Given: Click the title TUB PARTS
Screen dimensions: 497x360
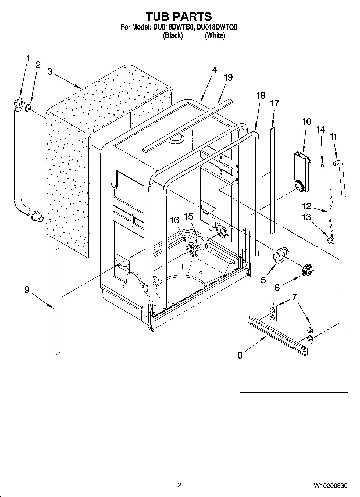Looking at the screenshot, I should pos(179,16).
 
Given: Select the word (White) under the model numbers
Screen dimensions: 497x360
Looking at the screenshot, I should pos(215,35).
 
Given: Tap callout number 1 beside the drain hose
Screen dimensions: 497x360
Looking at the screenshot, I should pos(28,58).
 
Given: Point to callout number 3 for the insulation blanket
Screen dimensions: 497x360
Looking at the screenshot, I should pos(49,72).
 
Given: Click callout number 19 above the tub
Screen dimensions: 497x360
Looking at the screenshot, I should pos(228,77).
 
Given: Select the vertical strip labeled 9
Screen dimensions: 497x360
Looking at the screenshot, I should pos(58,301).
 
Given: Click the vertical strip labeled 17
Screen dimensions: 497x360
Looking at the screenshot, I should pos(273,180).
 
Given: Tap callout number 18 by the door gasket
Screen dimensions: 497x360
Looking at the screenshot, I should pos(261,96).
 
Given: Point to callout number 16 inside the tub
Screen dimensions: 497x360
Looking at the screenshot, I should pos(174,220).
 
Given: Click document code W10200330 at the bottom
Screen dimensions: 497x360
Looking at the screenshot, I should pos(330,485).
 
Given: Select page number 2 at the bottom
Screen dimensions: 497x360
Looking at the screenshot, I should pos(180,485).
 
